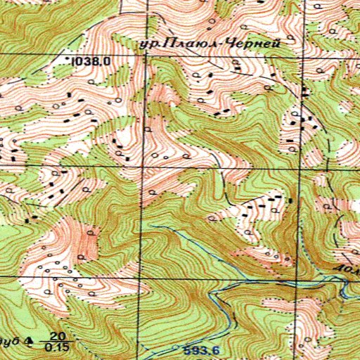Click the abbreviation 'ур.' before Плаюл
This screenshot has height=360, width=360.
coord(149,44)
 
